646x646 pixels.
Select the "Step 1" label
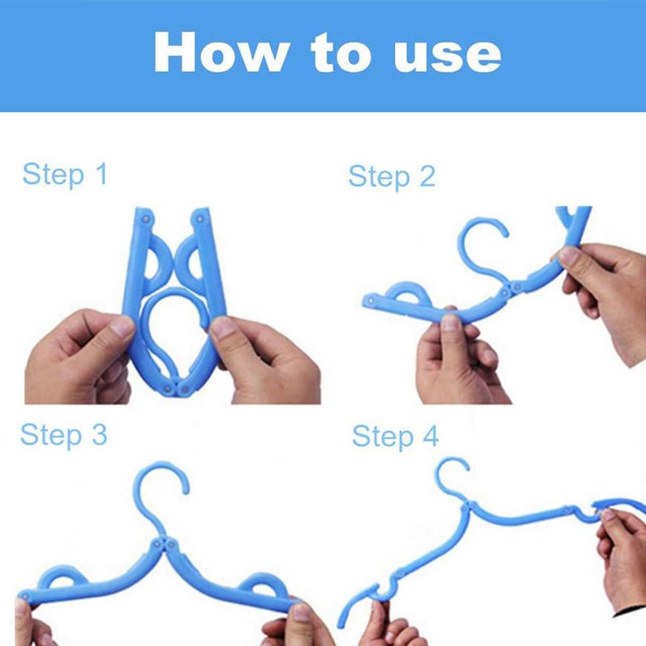[x=65, y=174]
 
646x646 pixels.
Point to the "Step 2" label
[x=392, y=176]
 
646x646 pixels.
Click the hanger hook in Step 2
[x=480, y=242]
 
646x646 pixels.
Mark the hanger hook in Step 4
[x=452, y=476]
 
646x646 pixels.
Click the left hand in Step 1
[x=77, y=359]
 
